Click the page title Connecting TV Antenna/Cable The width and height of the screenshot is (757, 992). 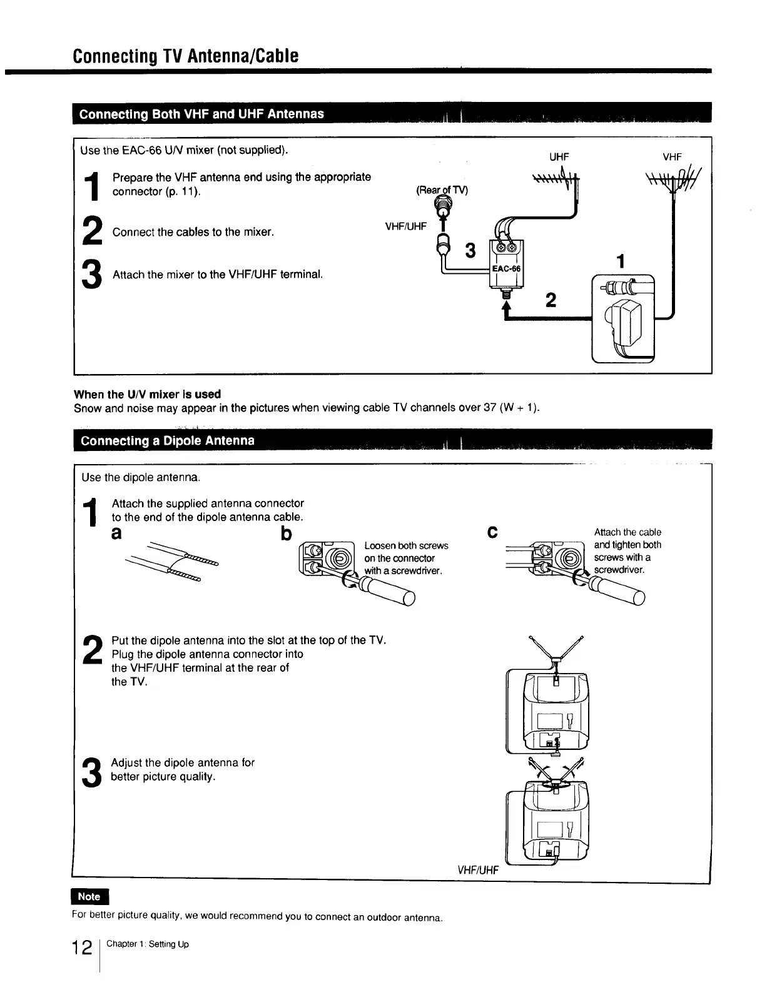186,56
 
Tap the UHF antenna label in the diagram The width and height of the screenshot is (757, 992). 559,157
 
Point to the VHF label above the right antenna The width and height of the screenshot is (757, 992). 672,157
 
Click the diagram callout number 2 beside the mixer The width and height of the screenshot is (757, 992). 551,301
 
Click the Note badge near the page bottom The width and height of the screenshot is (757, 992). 89,896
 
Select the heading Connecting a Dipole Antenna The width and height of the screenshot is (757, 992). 168,440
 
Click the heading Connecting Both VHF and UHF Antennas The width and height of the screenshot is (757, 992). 201,114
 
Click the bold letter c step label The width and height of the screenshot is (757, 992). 492,533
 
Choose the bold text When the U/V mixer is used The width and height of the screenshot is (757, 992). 148,394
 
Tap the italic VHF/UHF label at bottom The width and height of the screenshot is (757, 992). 478,869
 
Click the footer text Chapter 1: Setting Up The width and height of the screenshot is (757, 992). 148,944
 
